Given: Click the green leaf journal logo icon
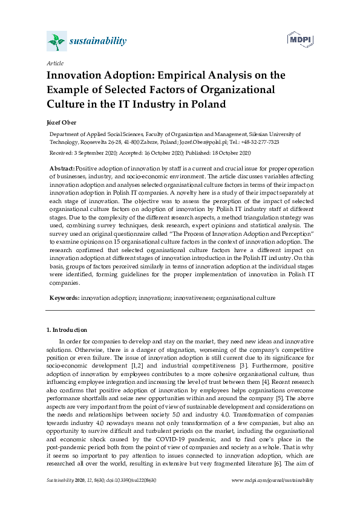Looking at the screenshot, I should click(56, 41).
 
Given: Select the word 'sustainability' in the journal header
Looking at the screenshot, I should click(98, 41).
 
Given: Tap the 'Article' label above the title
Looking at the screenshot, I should click(55, 63).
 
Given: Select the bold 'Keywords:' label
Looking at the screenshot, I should click(64, 298).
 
